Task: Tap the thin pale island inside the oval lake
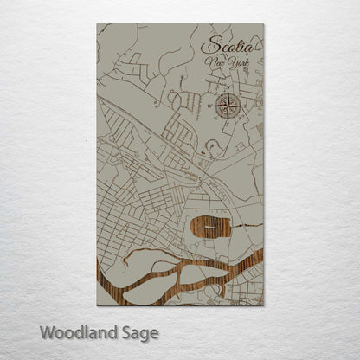(211, 231)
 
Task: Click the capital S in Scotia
(209, 45)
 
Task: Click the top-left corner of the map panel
(97, 24)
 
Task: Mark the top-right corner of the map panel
(264, 24)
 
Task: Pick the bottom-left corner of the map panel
(97, 305)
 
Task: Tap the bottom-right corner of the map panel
(264, 305)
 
